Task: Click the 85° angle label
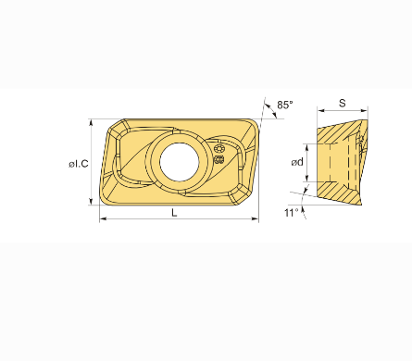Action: (284, 105)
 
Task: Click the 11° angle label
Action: (292, 213)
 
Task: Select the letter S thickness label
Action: (343, 103)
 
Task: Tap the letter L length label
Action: (174, 212)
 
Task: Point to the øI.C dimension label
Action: (79, 164)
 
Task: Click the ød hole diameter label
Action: (297, 162)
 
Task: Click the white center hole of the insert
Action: (180, 162)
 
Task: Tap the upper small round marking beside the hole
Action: (218, 149)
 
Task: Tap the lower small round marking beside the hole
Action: (218, 159)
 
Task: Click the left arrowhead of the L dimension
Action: (103, 218)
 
